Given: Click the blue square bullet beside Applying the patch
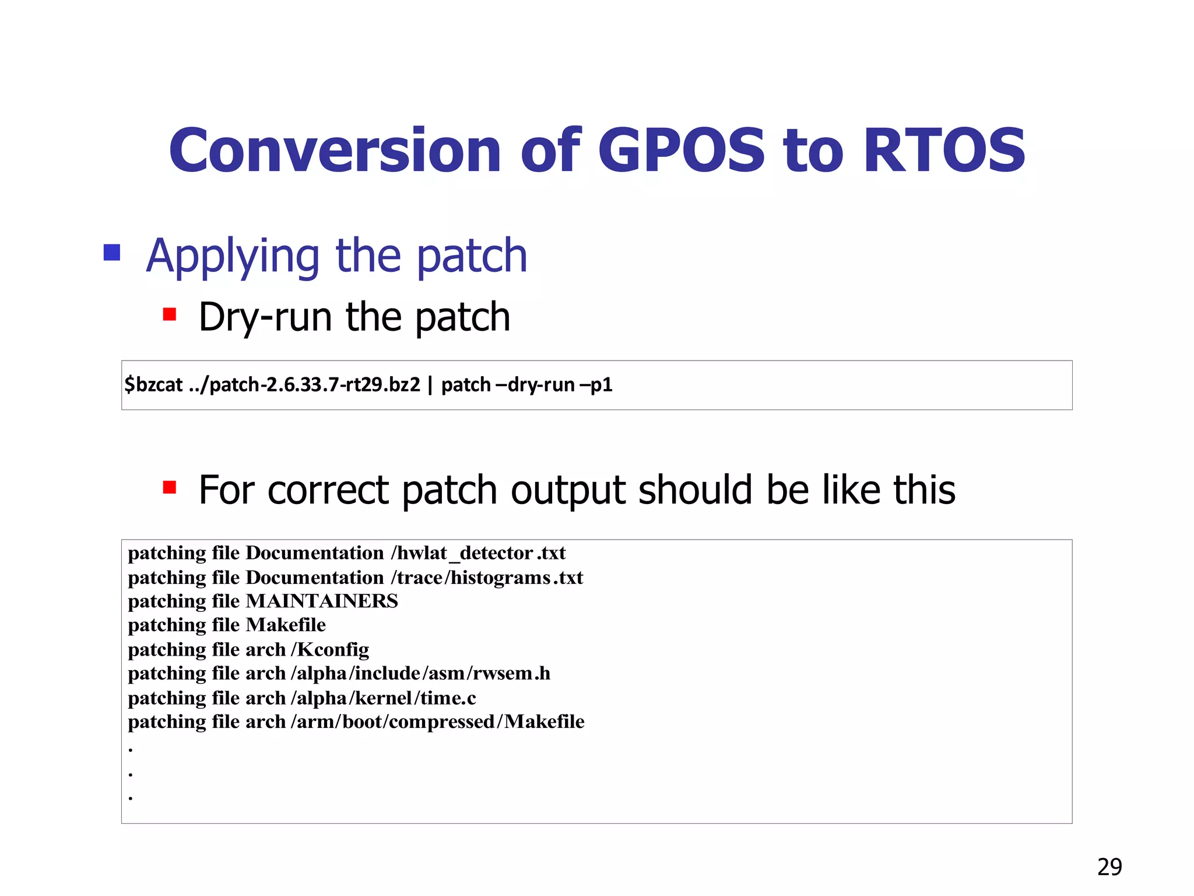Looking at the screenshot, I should (x=112, y=253).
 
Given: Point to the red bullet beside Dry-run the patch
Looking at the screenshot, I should (x=170, y=315).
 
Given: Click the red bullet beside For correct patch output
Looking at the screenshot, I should (x=170, y=487).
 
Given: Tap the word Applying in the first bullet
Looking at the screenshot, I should (x=233, y=257).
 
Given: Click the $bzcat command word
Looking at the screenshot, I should (x=154, y=385).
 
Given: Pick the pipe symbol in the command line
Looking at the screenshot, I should (x=430, y=385).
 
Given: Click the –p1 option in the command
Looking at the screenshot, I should (x=596, y=385).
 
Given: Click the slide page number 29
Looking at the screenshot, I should (x=1109, y=867).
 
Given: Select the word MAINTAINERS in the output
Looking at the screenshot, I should (x=322, y=601).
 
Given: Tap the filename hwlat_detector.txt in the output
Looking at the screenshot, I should (x=481, y=553).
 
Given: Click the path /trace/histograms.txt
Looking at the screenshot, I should (x=487, y=577).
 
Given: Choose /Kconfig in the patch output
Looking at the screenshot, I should (x=330, y=649).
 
